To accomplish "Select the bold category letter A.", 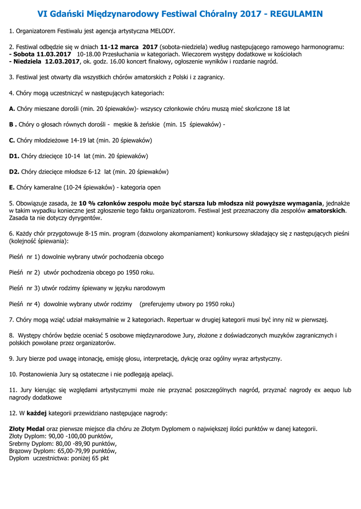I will coord(12,108).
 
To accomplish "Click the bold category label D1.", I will coord(14,156).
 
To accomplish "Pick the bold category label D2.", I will coord(14,172).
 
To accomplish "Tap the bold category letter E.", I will coord(12,188).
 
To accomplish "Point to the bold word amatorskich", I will coord(326,211).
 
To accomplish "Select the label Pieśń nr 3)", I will coord(24,288).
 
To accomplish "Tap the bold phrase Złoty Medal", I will coord(27,429).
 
